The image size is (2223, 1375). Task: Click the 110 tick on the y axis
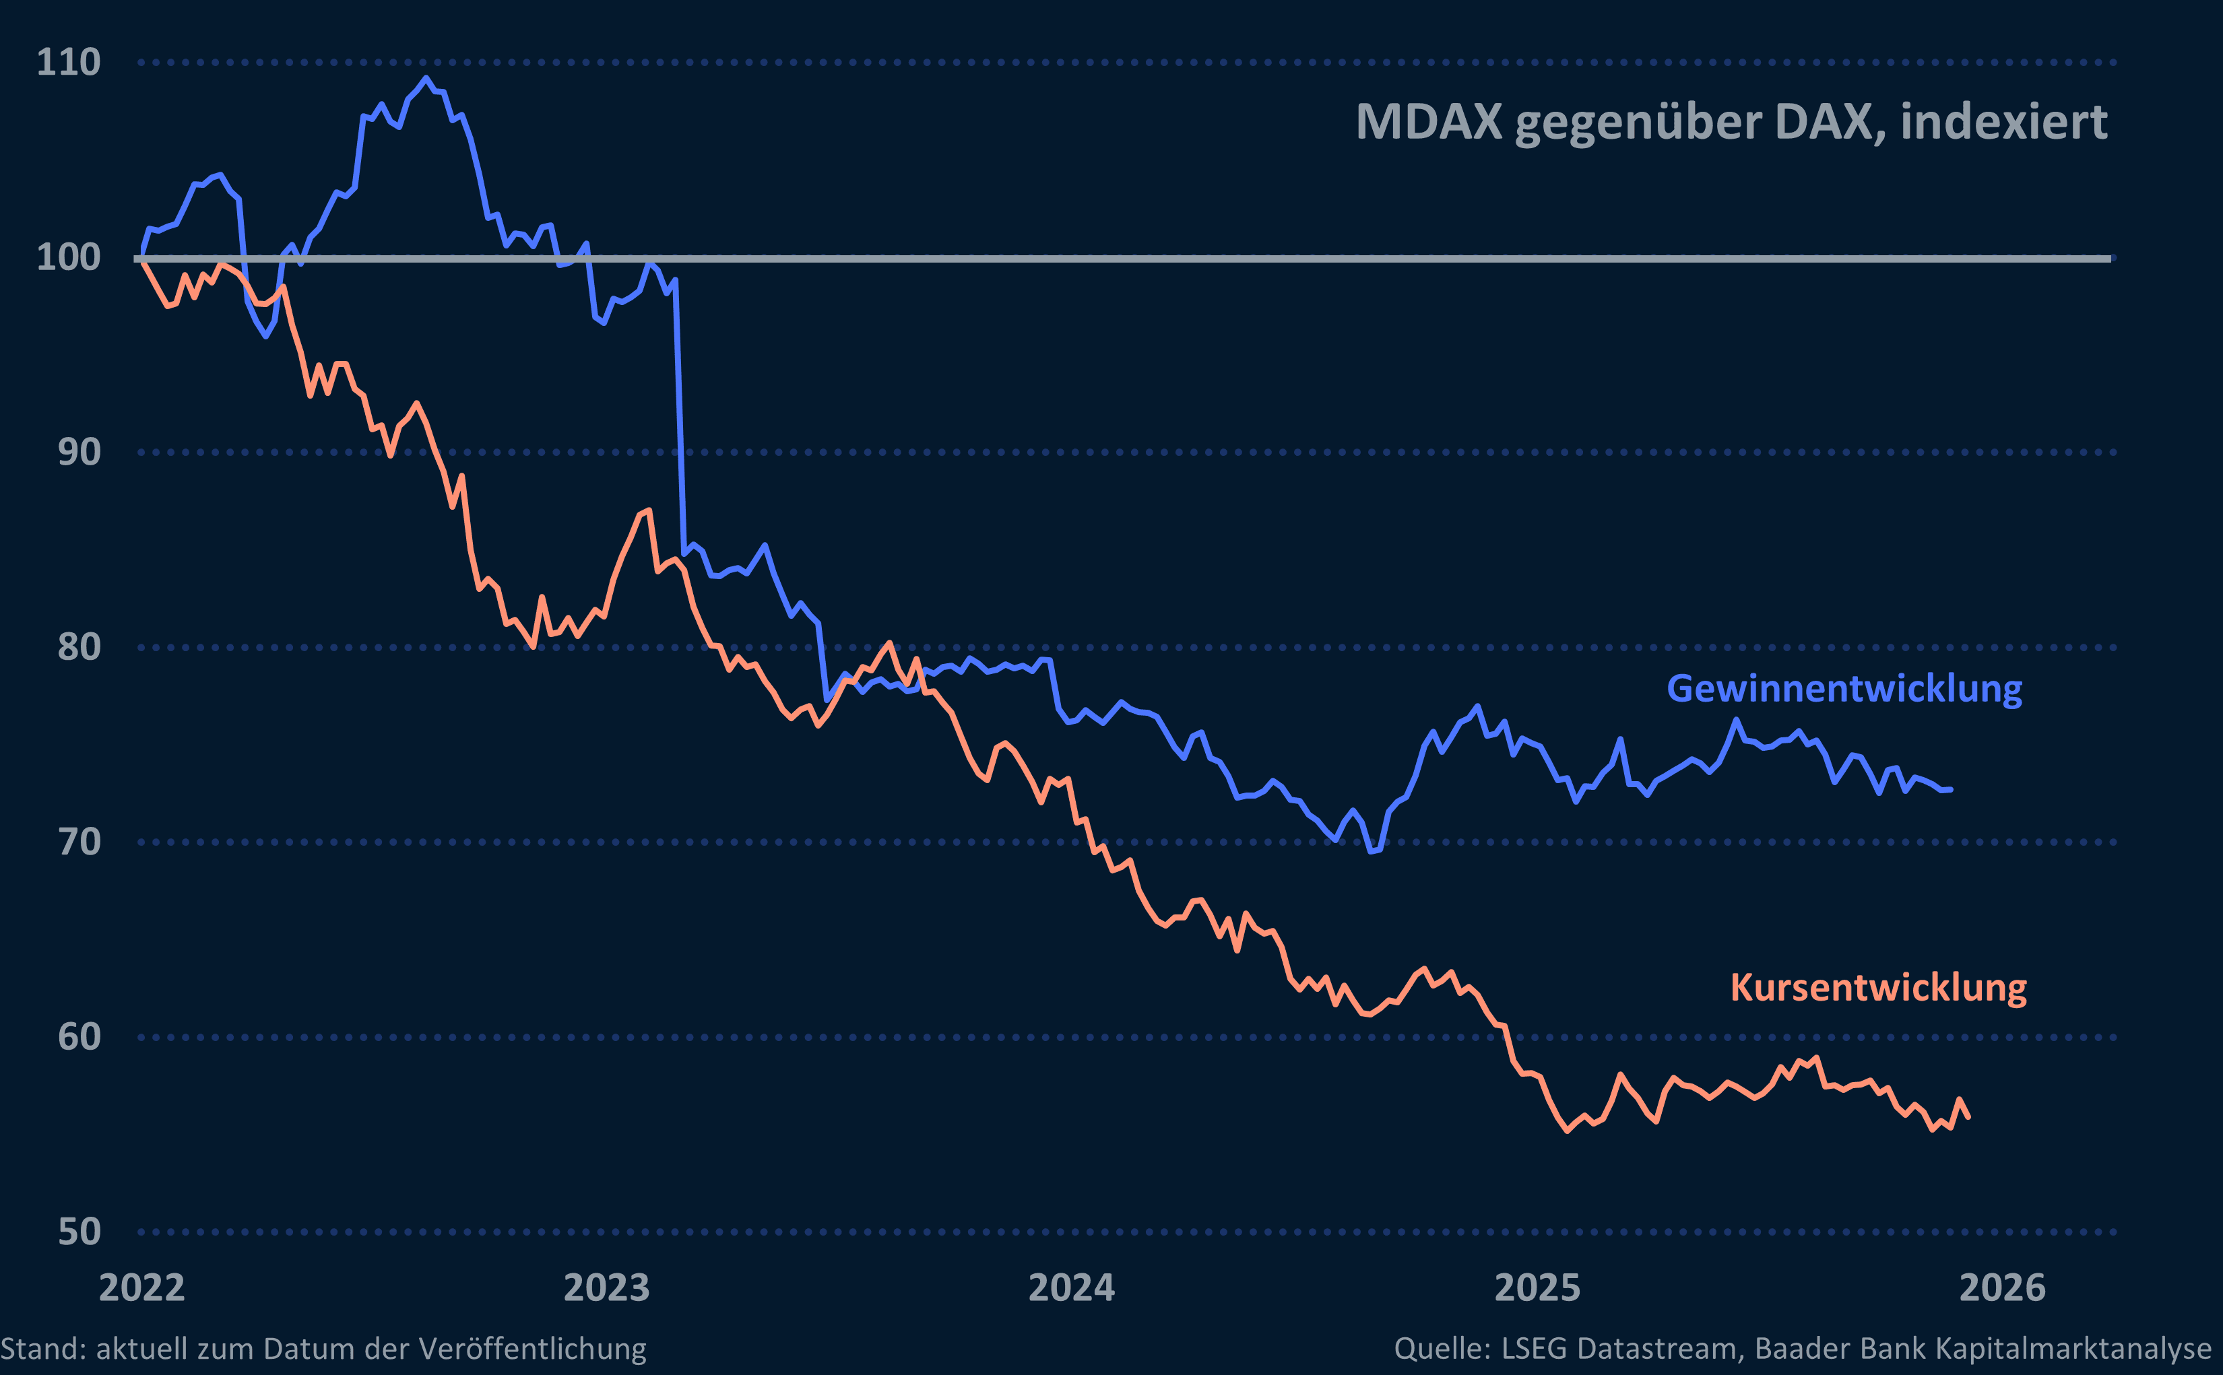68,63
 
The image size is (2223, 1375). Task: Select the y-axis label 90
79,452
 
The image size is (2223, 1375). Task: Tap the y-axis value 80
79,648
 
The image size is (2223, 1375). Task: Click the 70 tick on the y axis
79,842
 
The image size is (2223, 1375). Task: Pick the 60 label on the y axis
79,1037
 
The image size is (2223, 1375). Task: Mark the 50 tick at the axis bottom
79,1232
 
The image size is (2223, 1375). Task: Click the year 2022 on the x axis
142,1287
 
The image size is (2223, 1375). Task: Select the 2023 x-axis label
607,1287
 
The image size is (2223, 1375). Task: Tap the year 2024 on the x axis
1072,1287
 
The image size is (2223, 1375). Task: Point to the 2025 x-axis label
1537,1287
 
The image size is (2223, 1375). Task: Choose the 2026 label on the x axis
2002,1287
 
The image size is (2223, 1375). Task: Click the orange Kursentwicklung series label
1877,988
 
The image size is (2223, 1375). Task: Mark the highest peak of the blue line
426,79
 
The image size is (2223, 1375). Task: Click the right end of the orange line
1968,1116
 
